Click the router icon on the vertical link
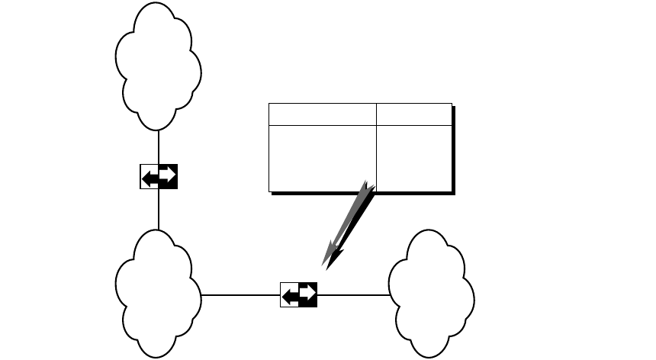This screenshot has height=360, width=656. pos(159,176)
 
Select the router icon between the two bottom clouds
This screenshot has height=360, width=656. pos(298,294)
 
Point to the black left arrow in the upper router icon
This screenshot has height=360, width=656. pos(152,177)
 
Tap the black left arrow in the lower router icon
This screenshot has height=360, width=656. pos(291,294)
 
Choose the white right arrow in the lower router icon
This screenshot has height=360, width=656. pos(307,293)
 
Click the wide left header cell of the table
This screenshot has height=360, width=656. pos(323,114)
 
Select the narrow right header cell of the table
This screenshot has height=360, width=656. pos(414,114)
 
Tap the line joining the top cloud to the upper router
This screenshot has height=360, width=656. pos(158,146)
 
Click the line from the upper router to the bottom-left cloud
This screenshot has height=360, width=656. pos(158,210)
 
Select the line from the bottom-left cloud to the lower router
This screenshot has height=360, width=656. pos(240,294)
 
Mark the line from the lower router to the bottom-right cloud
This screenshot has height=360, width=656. pos(352,294)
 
